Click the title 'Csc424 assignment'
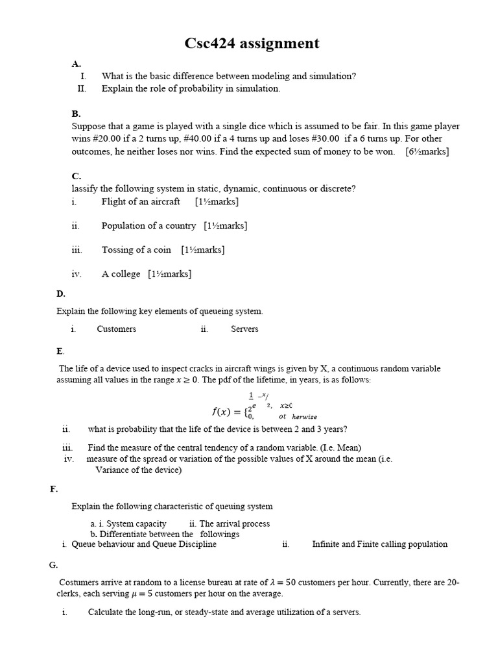point(252,44)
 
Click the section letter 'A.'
point(76,64)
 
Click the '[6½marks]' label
point(427,151)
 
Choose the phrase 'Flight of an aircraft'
point(141,201)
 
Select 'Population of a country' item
point(148,225)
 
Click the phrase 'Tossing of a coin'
point(136,249)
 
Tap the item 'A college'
point(121,274)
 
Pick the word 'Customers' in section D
point(117,329)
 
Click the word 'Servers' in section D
point(244,329)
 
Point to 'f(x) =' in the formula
point(226,411)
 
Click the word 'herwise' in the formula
point(304,417)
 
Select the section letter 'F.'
point(54,489)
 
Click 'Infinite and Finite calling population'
point(379,544)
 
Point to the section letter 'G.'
point(54,565)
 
